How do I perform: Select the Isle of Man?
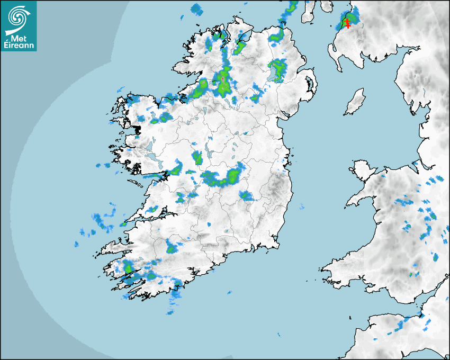355,102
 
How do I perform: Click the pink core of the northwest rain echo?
223,79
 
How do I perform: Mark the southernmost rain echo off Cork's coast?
174,304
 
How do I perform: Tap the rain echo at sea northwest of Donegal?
197,8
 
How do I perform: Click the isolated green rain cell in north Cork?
171,248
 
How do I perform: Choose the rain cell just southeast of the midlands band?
246,196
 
